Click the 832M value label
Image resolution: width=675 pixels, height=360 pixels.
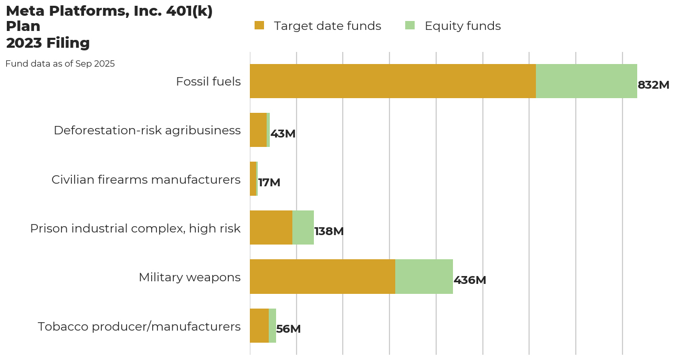point(653,85)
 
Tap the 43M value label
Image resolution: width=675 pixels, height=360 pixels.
point(283,134)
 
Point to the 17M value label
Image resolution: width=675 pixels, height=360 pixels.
point(269,183)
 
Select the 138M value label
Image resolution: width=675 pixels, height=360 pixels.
point(329,231)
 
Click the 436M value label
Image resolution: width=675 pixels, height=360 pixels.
point(470,280)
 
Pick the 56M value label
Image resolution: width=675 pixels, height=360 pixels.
point(288,329)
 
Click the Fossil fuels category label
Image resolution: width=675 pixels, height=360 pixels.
point(208,81)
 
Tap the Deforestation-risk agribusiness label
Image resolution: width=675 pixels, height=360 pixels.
point(147,130)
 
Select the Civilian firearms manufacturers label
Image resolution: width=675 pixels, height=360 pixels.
point(146,179)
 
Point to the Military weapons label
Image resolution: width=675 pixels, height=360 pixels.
point(189,277)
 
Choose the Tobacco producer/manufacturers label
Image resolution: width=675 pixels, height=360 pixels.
point(139,326)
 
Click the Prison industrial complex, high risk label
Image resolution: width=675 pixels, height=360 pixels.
point(135,228)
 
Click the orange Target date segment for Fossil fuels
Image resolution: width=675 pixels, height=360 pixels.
point(393,81)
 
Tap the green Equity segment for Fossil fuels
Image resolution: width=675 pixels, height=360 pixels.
point(586,81)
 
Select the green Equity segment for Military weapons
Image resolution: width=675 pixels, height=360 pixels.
point(424,277)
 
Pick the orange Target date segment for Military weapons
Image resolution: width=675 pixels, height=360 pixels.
point(322,277)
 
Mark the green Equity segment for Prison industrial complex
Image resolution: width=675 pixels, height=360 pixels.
point(303,228)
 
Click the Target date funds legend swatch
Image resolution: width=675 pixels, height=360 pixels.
point(259,25)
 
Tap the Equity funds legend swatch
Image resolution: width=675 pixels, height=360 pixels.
point(410,25)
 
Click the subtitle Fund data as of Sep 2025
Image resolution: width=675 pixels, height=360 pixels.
point(60,64)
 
